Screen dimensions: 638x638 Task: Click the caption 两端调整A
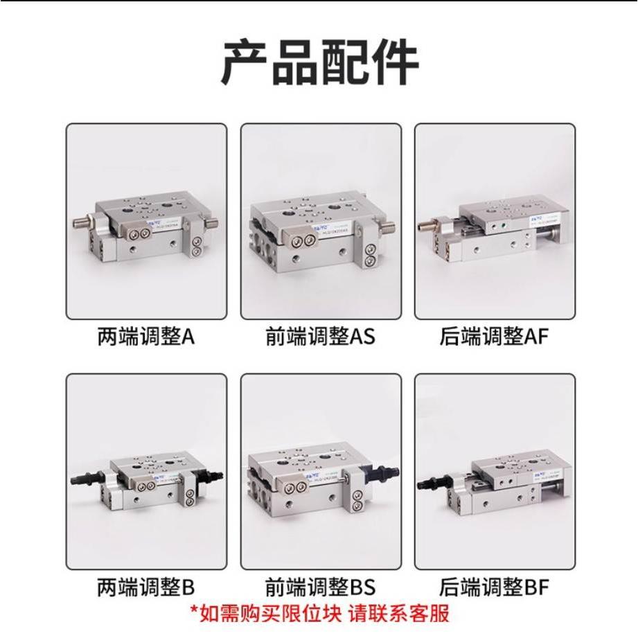click(x=145, y=337)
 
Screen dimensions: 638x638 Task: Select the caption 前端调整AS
click(x=320, y=337)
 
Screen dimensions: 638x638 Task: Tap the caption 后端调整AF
click(x=494, y=337)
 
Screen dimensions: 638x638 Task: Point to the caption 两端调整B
click(x=145, y=588)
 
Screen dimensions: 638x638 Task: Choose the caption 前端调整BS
click(x=320, y=588)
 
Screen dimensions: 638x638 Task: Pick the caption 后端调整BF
click(x=494, y=588)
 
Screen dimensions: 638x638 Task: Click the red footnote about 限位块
click(x=319, y=613)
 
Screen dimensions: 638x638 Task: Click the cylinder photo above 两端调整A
click(x=146, y=221)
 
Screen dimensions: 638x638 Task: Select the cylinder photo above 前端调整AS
click(x=321, y=221)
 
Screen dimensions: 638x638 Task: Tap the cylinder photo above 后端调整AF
click(x=495, y=221)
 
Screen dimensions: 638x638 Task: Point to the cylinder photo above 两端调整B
click(x=146, y=472)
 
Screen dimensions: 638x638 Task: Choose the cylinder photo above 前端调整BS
click(x=321, y=472)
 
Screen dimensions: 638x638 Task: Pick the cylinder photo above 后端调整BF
click(x=495, y=472)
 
